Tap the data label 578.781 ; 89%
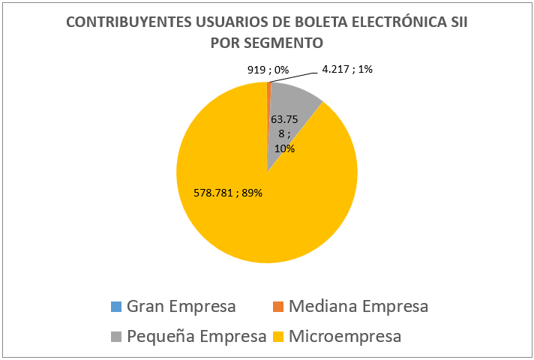pos(222,192)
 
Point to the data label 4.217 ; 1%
pos(347,70)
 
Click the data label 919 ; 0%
pos(268,70)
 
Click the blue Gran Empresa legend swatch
pos(115,307)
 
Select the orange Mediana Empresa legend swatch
pos(277,307)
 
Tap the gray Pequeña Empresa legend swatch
pos(115,336)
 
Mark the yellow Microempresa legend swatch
pos(277,336)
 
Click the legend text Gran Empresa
pos(181,307)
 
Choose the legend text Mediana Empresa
pos(358,307)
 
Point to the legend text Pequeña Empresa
pos(196,336)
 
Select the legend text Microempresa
pos(345,336)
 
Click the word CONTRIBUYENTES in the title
pos(124,22)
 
